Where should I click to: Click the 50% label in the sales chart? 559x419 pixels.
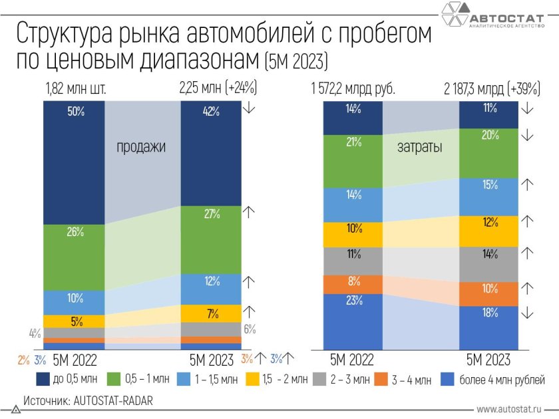(75, 112)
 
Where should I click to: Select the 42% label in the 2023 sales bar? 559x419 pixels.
(211, 112)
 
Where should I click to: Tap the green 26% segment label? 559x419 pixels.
(75, 231)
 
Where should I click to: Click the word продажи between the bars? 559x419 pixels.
(141, 147)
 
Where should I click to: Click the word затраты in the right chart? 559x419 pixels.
(419, 148)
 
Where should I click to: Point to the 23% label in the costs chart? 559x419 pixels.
(353, 300)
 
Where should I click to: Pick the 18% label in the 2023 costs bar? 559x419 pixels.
(490, 313)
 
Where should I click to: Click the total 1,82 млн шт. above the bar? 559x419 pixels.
(76, 88)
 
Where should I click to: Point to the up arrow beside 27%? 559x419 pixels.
(249, 212)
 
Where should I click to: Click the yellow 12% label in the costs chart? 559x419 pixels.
(490, 222)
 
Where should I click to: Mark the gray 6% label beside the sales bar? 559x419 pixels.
(249, 329)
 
